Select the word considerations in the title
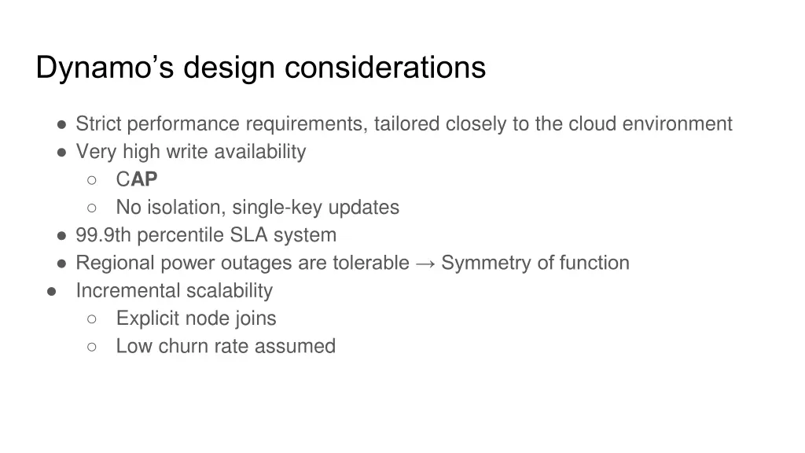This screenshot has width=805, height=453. pyautogui.click(x=385, y=68)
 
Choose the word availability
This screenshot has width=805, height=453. pyautogui.click(x=259, y=152)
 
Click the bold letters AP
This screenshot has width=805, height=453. pyautogui.click(x=144, y=180)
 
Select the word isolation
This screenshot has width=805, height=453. pyautogui.click(x=179, y=208)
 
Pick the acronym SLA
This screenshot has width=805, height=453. pyautogui.click(x=249, y=235)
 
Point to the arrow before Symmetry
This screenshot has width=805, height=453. pyautogui.click(x=425, y=263)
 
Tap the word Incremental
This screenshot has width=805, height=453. pyautogui.click(x=121, y=291)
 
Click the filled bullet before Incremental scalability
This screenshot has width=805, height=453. pyautogui.click(x=51, y=291)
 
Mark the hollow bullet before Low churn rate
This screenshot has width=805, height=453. pyautogui.click(x=92, y=346)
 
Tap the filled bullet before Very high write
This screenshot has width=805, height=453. pyautogui.click(x=61, y=152)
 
